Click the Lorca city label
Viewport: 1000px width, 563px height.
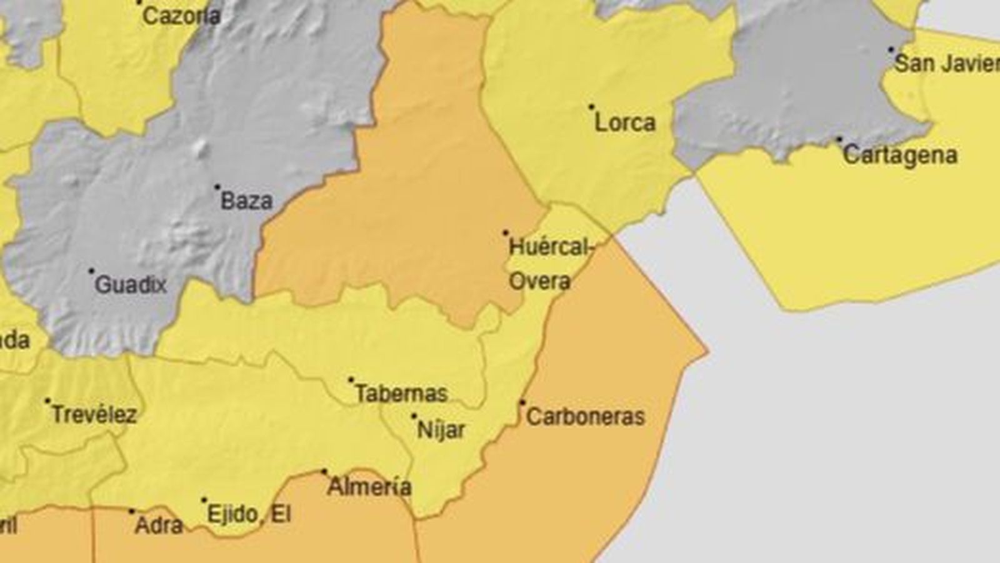pyautogui.click(x=624, y=122)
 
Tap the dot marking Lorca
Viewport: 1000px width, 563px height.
pyautogui.click(x=591, y=107)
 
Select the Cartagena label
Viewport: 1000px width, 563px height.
pyautogui.click(x=899, y=155)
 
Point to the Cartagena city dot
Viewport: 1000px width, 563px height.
pyautogui.click(x=839, y=140)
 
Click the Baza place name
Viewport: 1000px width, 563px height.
pyautogui.click(x=247, y=201)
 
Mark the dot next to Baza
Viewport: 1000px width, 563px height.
pyautogui.click(x=217, y=187)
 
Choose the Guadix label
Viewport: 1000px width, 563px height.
pyautogui.click(x=131, y=285)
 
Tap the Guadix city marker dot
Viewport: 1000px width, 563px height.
pyautogui.click(x=91, y=271)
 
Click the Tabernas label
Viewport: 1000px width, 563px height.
pyautogui.click(x=401, y=393)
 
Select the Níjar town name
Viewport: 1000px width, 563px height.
pyautogui.click(x=441, y=429)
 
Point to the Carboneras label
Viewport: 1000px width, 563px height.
pyautogui.click(x=585, y=417)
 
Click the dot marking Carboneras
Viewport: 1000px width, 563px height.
pyautogui.click(x=522, y=402)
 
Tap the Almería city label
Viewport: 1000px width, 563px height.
pyautogui.click(x=369, y=486)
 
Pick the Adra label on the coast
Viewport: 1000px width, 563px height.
pyautogui.click(x=159, y=525)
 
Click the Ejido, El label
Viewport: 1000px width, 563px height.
pyautogui.click(x=249, y=514)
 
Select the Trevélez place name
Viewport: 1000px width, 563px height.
pyautogui.click(x=94, y=414)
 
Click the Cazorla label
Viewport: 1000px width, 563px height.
pyautogui.click(x=181, y=16)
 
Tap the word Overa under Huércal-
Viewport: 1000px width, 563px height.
pyautogui.click(x=539, y=281)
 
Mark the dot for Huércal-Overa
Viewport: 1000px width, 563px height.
pyautogui.click(x=506, y=233)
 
